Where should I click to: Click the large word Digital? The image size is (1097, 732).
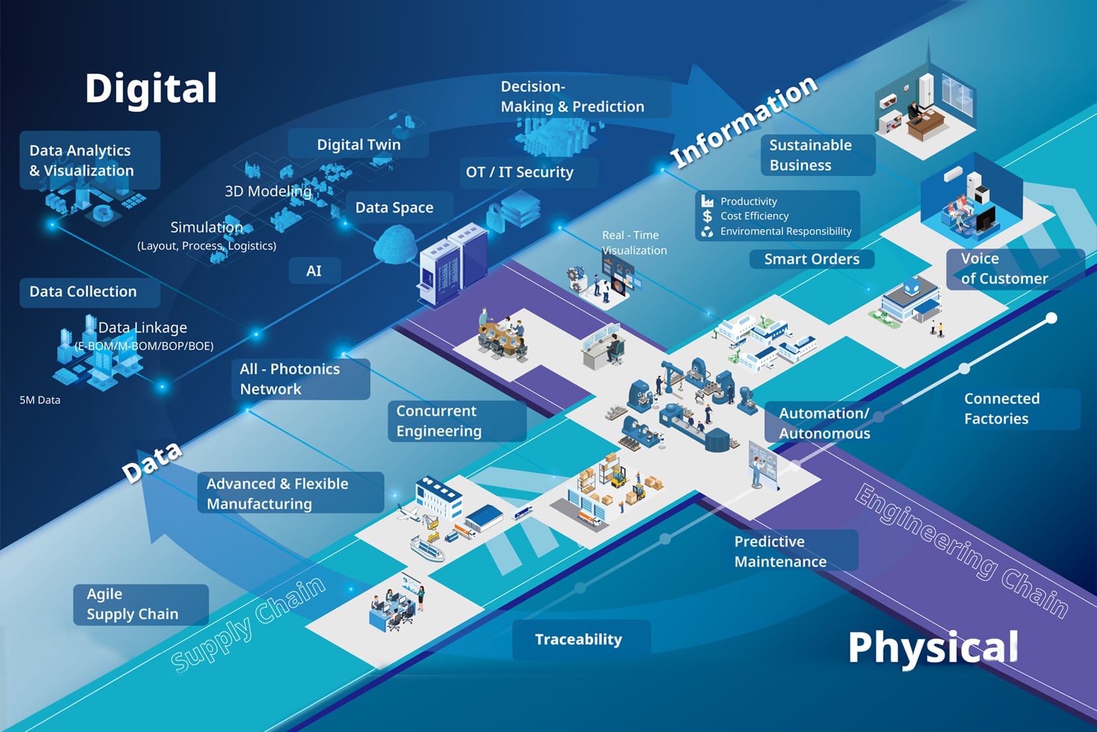tap(151, 89)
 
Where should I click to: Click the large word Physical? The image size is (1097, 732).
tap(932, 647)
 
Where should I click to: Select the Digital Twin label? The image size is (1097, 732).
tap(358, 145)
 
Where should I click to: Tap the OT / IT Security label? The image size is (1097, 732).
tap(519, 172)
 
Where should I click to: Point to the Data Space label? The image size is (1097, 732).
tap(394, 207)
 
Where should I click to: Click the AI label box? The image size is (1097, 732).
tap(314, 271)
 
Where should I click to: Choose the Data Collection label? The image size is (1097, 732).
tap(83, 291)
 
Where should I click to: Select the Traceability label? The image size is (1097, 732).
tap(578, 640)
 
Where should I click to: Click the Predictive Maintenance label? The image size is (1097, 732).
tap(780, 551)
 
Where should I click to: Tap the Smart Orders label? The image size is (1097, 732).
tap(812, 259)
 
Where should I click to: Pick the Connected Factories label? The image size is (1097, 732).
tap(1001, 408)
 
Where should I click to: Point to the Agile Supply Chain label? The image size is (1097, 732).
tap(133, 604)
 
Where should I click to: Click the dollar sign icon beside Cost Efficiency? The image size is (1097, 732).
tap(708, 216)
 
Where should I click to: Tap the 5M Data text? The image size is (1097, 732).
tap(40, 400)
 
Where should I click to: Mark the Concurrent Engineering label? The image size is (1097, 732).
tap(439, 421)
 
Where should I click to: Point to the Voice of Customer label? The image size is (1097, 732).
tap(1004, 268)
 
